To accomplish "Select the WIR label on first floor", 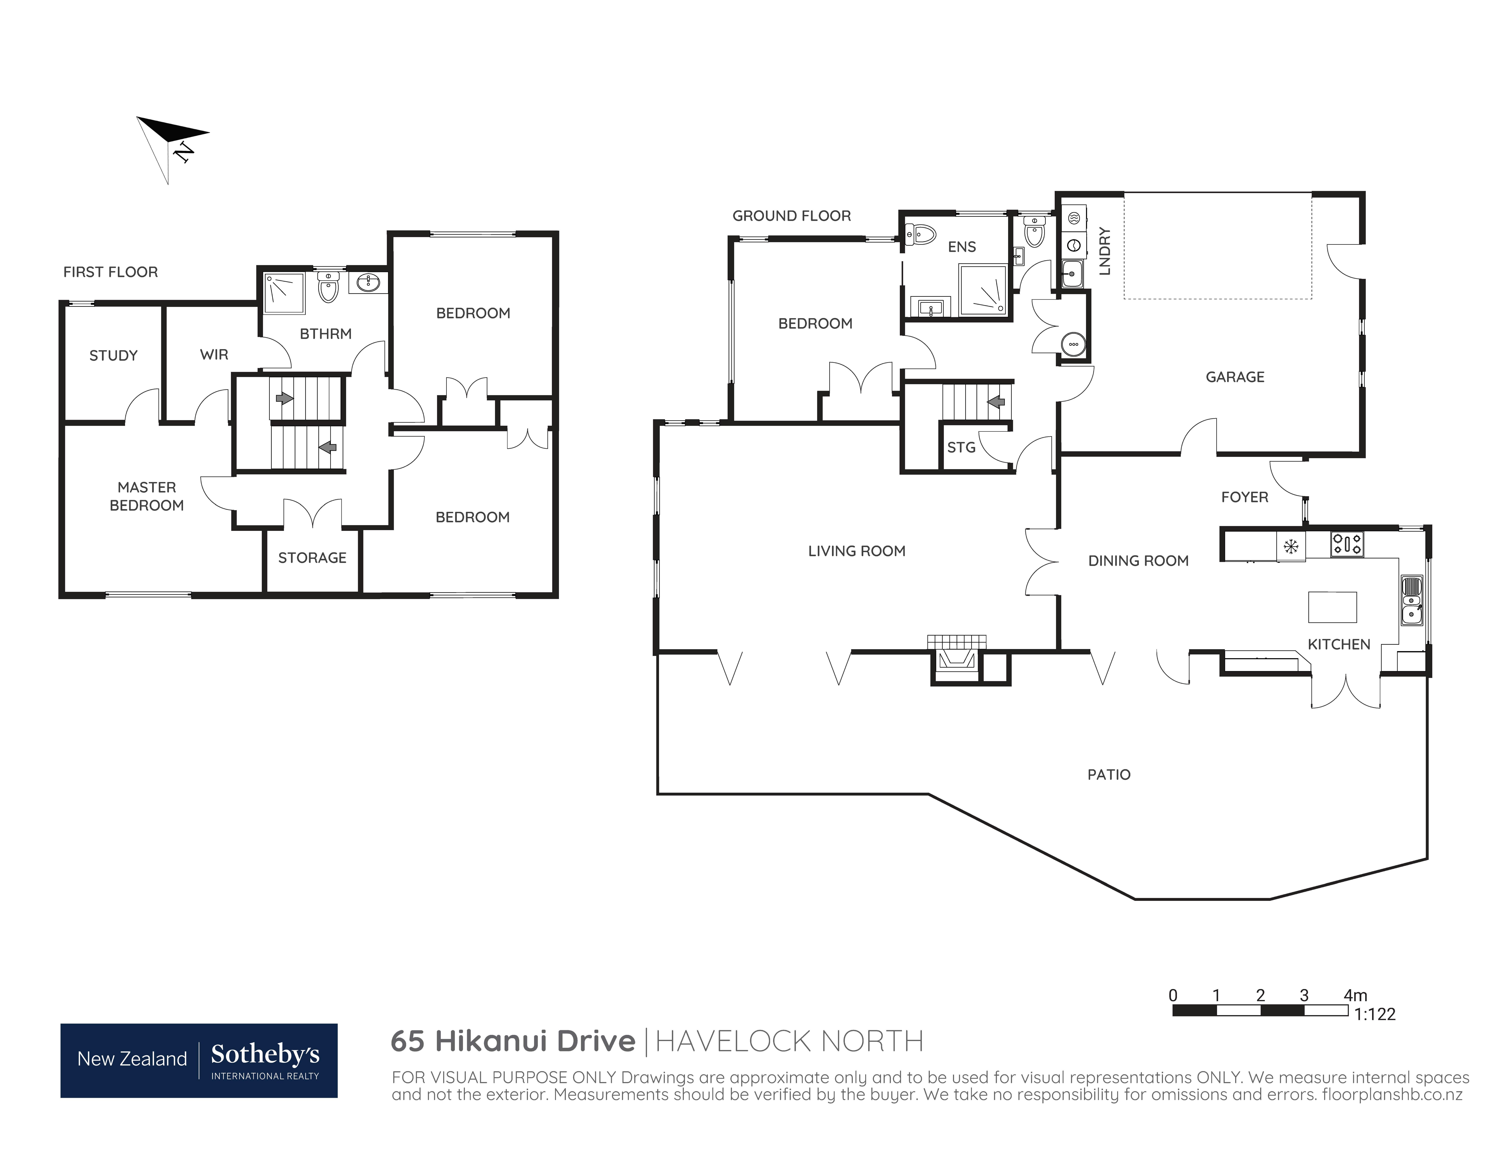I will (x=214, y=354).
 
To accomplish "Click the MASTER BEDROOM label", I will (x=147, y=496).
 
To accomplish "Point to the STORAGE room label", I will (x=312, y=558).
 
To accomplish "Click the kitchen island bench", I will (x=1332, y=607).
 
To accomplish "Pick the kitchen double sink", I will (x=1412, y=601).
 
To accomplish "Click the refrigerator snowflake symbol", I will (x=1290, y=546).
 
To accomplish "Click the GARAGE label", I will (x=1234, y=377).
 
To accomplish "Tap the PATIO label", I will (x=1109, y=774).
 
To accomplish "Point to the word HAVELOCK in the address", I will (x=734, y=1041).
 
